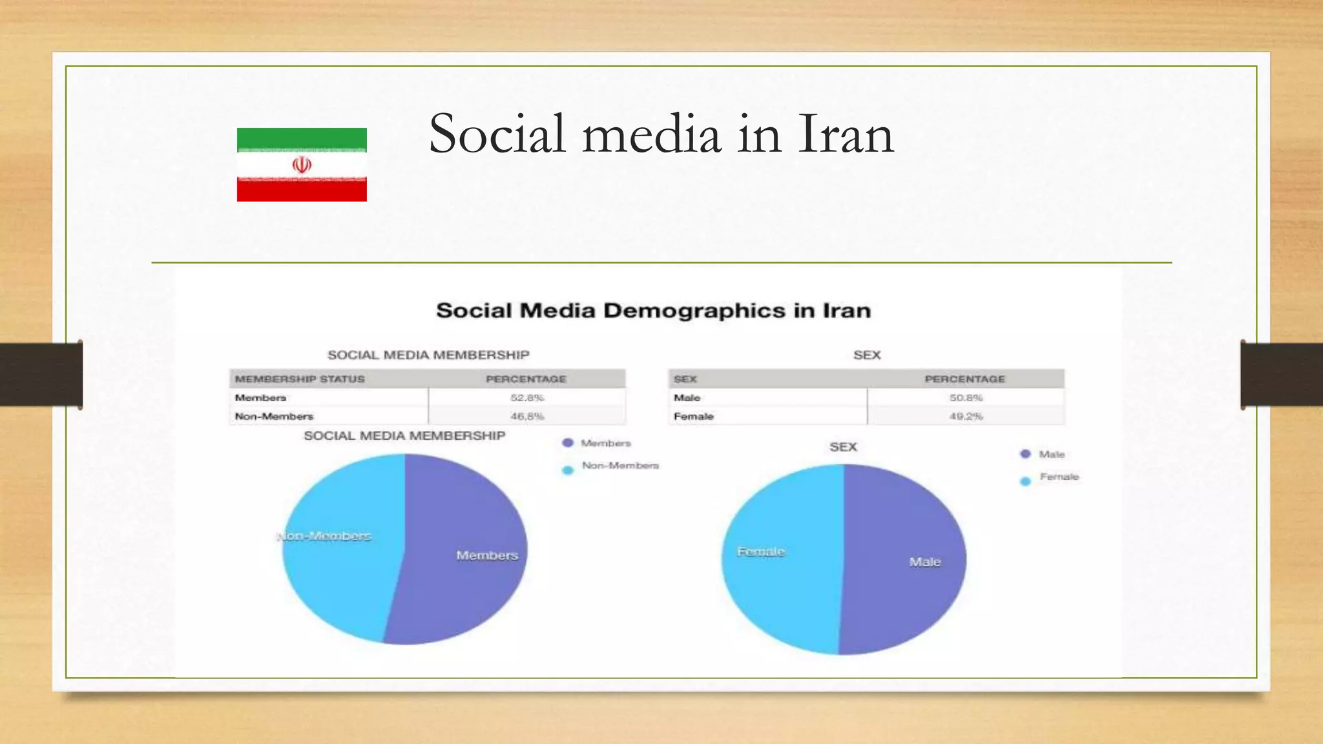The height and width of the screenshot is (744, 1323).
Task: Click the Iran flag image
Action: click(x=302, y=165)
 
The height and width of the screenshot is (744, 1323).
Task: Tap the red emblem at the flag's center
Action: click(x=302, y=165)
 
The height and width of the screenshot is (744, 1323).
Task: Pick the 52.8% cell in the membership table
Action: click(x=527, y=398)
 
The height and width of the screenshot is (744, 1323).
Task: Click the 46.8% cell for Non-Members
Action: click(x=527, y=417)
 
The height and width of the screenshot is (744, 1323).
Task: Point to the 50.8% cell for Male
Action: click(x=966, y=398)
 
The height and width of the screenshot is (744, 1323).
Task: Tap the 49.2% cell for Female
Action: click(x=966, y=417)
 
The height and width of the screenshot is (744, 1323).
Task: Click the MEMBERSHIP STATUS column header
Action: click(x=300, y=379)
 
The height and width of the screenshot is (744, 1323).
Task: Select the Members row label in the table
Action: click(x=260, y=398)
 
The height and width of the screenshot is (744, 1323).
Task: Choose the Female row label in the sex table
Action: click(x=693, y=417)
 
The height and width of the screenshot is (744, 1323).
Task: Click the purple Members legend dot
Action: click(x=568, y=443)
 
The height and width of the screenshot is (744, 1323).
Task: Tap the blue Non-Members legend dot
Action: click(x=568, y=470)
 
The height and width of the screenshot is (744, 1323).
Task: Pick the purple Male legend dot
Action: click(x=1025, y=454)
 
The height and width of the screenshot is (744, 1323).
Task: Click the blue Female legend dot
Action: click(x=1025, y=481)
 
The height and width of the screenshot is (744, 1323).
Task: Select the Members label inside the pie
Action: click(x=487, y=555)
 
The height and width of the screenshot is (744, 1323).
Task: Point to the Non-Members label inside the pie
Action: click(x=324, y=536)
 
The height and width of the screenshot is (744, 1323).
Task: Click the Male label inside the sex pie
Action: click(x=925, y=562)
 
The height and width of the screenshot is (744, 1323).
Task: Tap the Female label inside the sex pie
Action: click(x=761, y=552)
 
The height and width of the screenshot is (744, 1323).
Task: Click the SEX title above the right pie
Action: click(x=843, y=447)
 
